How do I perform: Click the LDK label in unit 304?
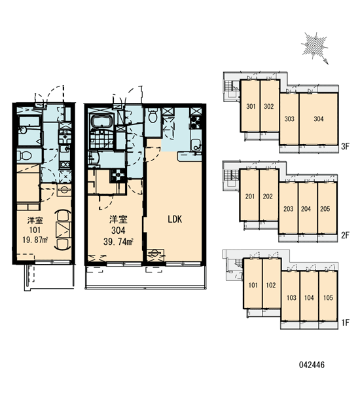pos(175,219)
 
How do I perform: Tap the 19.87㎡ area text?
pos(35,240)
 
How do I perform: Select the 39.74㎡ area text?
pos(118,242)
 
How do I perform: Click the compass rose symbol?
pos(315,47)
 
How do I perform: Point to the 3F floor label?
pos(345,146)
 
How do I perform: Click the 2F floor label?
pos(345,235)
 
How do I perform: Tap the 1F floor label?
pos(345,322)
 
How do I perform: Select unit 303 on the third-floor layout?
pos(289,119)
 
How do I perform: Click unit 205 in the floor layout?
pos(327,208)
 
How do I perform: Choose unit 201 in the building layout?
pos(249,195)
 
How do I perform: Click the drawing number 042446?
pos(312,365)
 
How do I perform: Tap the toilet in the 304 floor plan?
pos(153,117)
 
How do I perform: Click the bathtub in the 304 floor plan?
pos(103,122)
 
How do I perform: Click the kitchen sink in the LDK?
pos(196,145)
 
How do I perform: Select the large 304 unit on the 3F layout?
pos(318,119)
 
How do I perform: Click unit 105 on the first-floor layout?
pos(328,297)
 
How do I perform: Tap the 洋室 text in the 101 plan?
pos(35,221)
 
